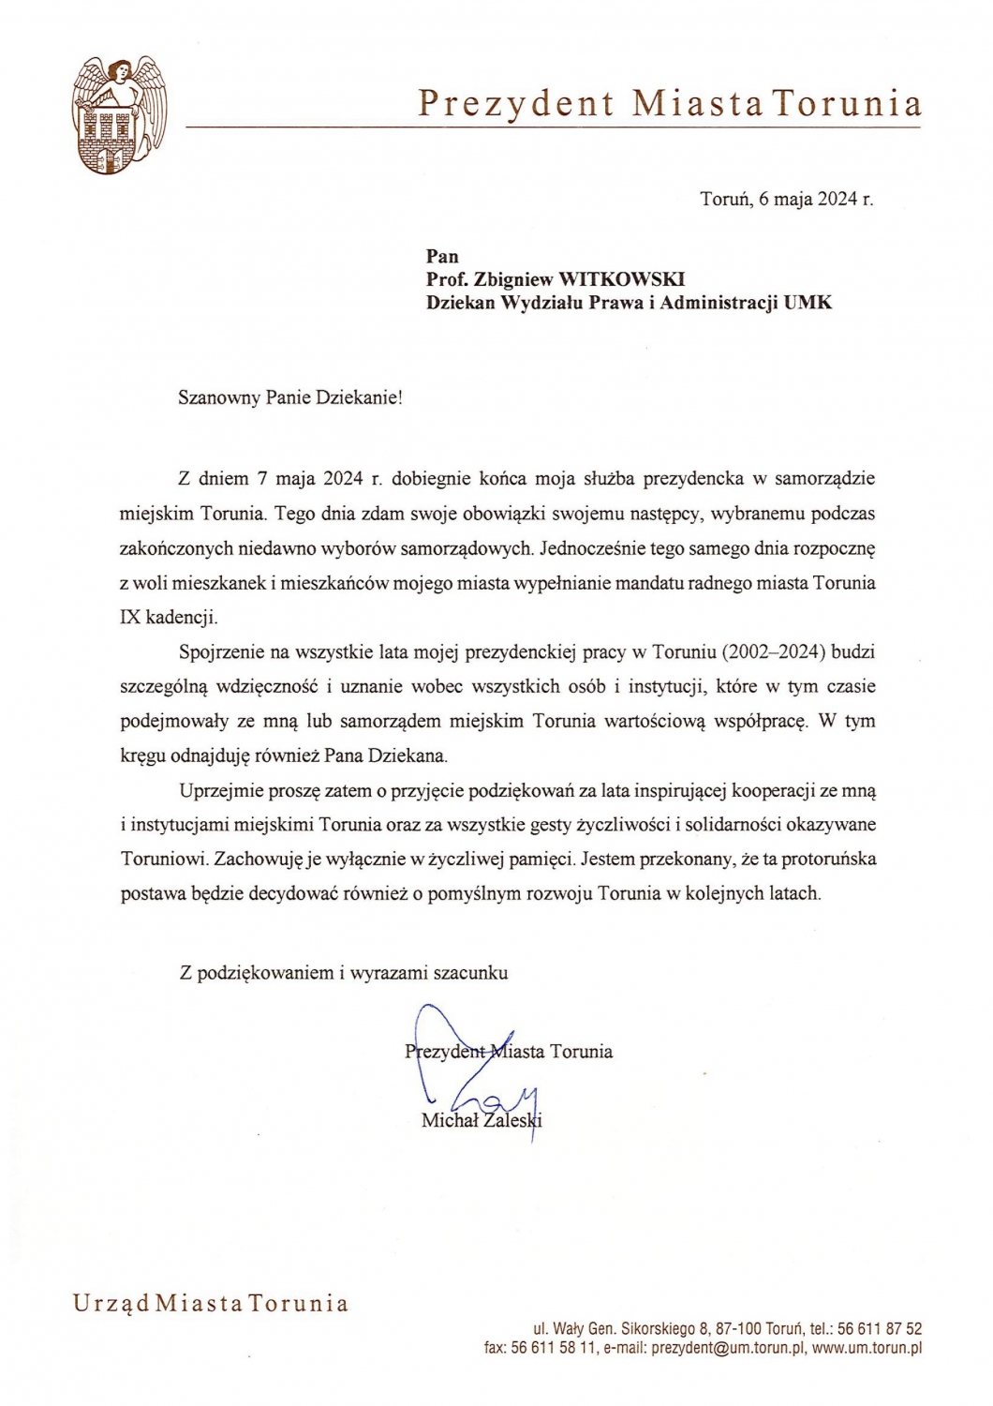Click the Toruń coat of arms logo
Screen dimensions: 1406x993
pyautogui.click(x=119, y=115)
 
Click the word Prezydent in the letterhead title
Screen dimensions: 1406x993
pyautogui.click(x=516, y=103)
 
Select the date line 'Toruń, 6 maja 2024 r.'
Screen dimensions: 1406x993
pyautogui.click(x=786, y=199)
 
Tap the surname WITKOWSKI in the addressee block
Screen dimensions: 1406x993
pyautogui.click(x=621, y=279)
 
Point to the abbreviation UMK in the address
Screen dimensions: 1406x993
pyautogui.click(x=808, y=303)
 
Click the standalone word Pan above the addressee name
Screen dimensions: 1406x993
pyautogui.click(x=442, y=256)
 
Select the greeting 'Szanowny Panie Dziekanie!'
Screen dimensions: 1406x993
pyautogui.click(x=289, y=396)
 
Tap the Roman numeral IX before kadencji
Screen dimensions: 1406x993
pyautogui.click(x=129, y=618)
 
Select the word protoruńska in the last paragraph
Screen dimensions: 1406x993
pyautogui.click(x=828, y=859)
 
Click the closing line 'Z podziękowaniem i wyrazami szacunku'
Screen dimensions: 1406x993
pyautogui.click(x=344, y=973)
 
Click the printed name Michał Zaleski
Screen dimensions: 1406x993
pyautogui.click(x=482, y=1120)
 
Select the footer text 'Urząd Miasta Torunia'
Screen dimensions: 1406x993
pyautogui.click(x=211, y=1304)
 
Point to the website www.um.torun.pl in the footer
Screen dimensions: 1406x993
pyautogui.click(x=867, y=1349)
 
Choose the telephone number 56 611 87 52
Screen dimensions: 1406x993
pyautogui.click(x=879, y=1328)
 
